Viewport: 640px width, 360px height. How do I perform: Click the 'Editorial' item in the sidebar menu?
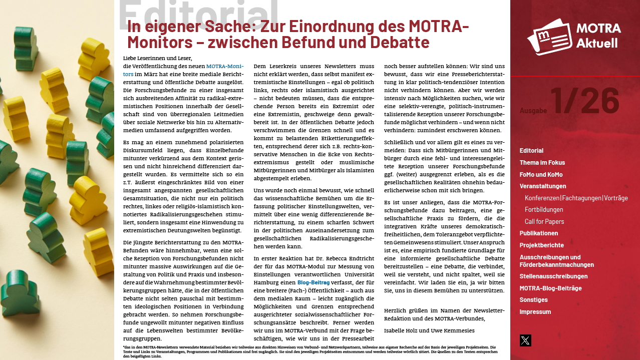click(x=531, y=151)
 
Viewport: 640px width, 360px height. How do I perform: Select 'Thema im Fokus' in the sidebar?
click(x=542, y=163)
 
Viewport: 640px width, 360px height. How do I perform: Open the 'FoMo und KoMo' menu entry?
click(x=541, y=175)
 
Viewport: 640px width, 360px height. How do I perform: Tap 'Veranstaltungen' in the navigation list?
click(x=542, y=186)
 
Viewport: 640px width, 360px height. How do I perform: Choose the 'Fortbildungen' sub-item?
click(x=544, y=210)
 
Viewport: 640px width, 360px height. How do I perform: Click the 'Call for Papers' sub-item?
click(x=544, y=222)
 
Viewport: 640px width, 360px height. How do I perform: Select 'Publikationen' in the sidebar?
click(x=538, y=233)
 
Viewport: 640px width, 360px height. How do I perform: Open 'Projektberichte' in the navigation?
click(x=541, y=245)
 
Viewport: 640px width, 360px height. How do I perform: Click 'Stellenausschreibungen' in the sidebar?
click(x=553, y=276)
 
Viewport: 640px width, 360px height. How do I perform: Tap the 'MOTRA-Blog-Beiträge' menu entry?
click(x=550, y=288)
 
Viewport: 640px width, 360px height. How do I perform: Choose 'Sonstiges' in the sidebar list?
click(x=533, y=300)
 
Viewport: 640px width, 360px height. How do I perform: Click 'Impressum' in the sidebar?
click(x=535, y=312)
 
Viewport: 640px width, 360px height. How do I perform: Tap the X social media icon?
click(x=525, y=340)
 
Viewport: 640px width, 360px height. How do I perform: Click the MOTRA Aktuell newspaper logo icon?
click(x=548, y=36)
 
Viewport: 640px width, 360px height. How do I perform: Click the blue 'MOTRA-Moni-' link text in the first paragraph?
click(x=225, y=66)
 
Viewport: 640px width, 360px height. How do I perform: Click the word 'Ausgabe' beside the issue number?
click(x=533, y=111)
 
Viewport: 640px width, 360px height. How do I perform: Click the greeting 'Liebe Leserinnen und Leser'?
click(x=157, y=58)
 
